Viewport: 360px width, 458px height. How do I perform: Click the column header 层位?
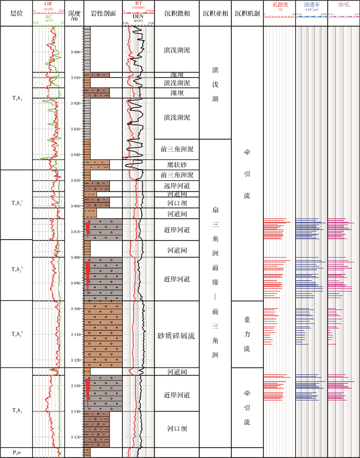pyautogui.click(x=16, y=13)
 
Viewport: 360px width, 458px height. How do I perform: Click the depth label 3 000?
pyautogui.click(x=75, y=52)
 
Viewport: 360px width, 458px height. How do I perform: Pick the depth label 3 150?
pyautogui.click(x=75, y=437)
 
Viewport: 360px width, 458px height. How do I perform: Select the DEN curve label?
pyautogui.click(x=139, y=17)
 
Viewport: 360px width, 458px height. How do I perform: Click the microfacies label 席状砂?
pyautogui.click(x=177, y=165)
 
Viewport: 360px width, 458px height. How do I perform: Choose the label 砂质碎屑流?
pyautogui.click(x=177, y=335)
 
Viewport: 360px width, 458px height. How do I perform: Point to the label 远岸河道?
pyautogui.click(x=177, y=186)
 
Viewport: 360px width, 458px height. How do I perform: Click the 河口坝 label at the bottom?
pyautogui.click(x=177, y=429)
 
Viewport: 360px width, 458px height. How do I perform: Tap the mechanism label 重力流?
pyautogui.click(x=247, y=334)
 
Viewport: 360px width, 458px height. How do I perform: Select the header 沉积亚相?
pyautogui.click(x=215, y=13)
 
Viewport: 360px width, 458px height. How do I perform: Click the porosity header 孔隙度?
pyautogui.click(x=279, y=4)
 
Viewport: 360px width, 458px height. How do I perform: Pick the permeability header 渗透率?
pyautogui.click(x=311, y=4)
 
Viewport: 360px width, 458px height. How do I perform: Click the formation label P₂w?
pyautogui.click(x=16, y=452)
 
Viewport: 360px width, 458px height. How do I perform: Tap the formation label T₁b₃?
pyautogui.click(x=16, y=98)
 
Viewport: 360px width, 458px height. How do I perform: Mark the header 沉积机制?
pyautogui.click(x=247, y=13)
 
